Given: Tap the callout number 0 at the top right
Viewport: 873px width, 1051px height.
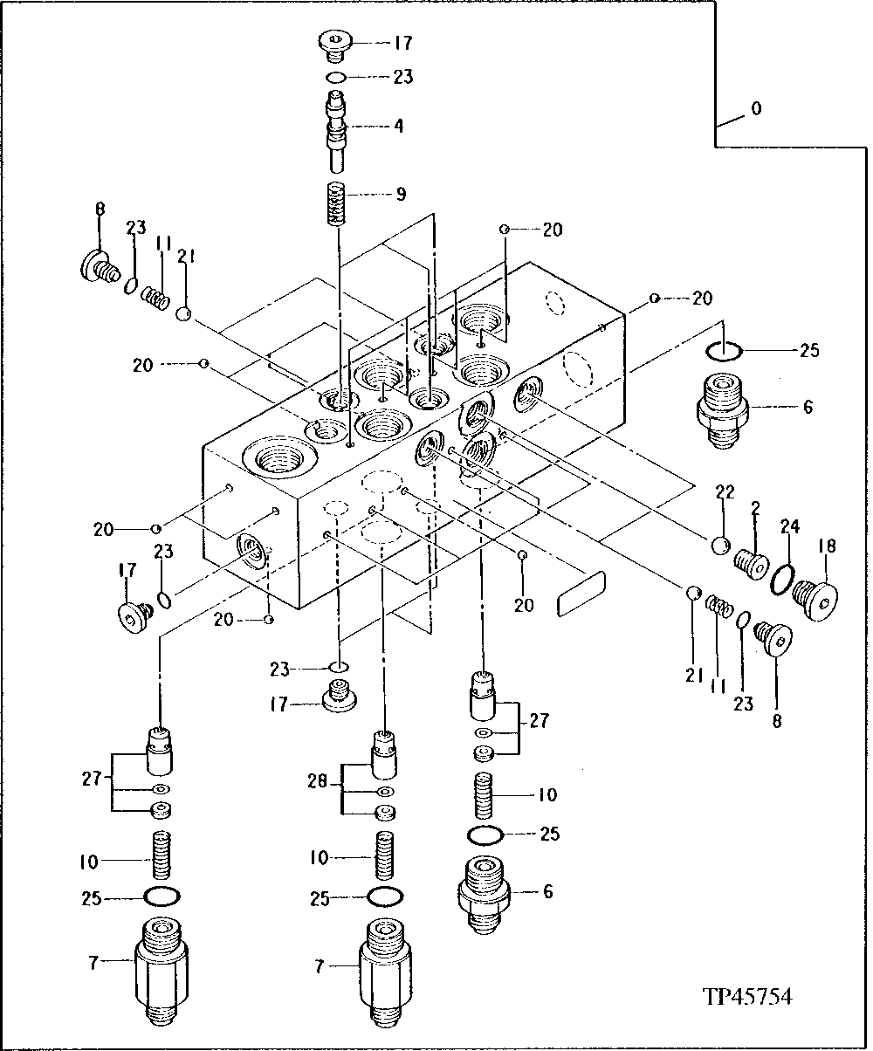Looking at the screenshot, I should click(756, 109).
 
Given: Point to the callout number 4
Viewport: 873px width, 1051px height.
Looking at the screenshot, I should click(398, 126).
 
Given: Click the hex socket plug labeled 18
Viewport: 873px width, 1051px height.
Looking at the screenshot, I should click(817, 601).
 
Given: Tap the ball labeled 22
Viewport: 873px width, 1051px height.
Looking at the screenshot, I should click(721, 546).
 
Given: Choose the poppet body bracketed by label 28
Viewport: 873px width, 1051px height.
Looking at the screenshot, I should click(385, 755).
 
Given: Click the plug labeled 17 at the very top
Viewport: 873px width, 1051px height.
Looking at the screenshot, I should click(334, 44).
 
